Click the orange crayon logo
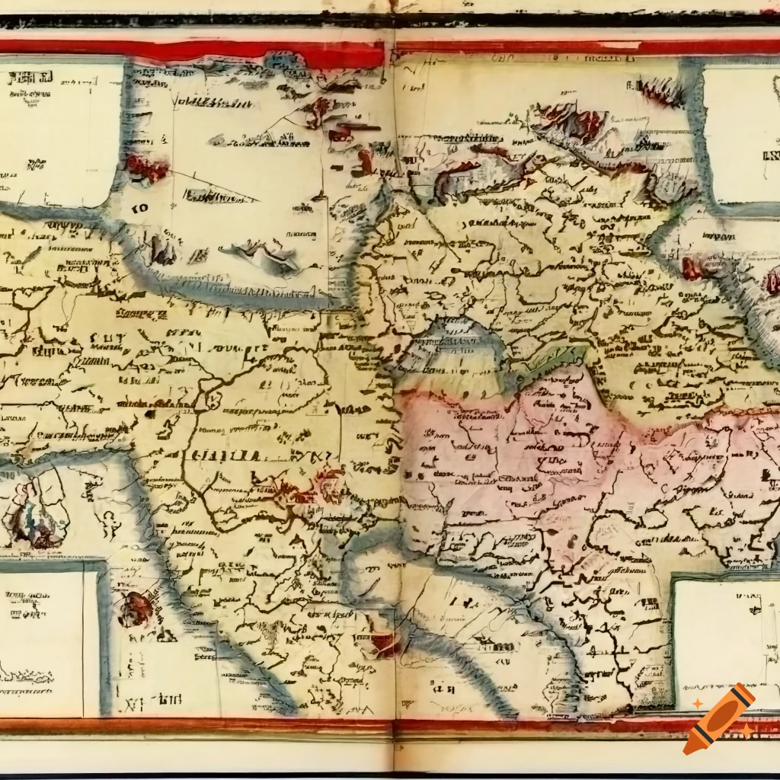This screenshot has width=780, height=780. [719, 719]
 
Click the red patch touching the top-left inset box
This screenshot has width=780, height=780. [146, 167]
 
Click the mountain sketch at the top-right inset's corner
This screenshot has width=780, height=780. [663, 91]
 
